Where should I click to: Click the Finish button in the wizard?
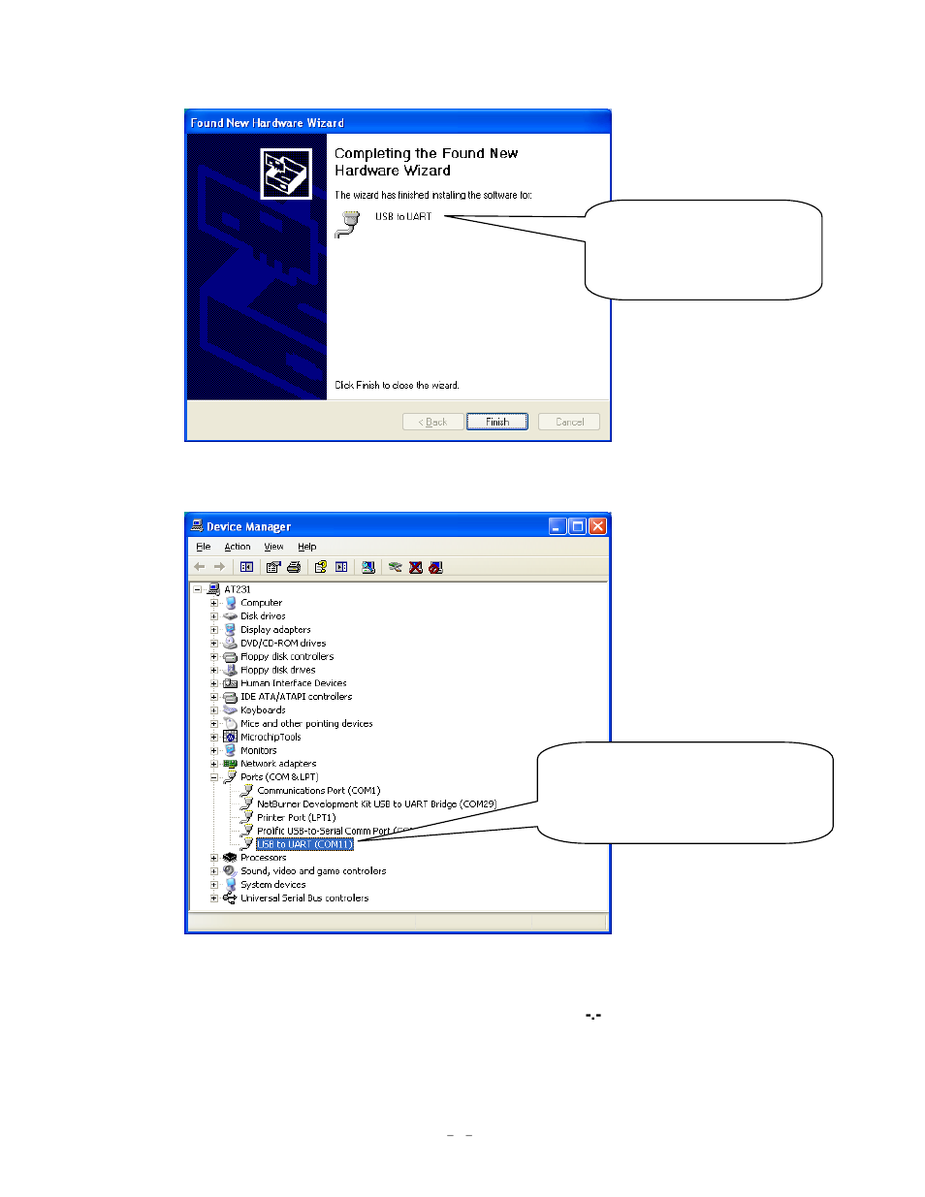coord(496,422)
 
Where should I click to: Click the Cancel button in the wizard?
coord(569,422)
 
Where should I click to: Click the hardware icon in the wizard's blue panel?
coord(286,173)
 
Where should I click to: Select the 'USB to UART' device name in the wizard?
coord(403,217)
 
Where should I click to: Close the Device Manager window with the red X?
coord(597,526)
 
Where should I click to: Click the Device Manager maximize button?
coord(578,526)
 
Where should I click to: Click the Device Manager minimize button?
coord(558,526)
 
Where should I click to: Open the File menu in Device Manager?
coord(204,547)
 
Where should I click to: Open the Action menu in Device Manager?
coord(238,547)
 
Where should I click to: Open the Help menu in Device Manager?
coord(307,547)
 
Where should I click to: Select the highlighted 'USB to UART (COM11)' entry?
coord(304,844)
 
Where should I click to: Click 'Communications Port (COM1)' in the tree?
coord(318,791)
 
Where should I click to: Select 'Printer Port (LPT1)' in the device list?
coord(296,818)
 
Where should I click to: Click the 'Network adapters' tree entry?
coord(278,764)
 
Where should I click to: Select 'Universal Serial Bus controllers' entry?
coord(304,898)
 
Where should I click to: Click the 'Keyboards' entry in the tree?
coord(263,710)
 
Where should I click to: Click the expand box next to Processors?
coord(214,858)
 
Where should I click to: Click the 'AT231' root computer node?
coord(237,589)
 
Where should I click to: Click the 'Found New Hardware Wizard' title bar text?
coord(268,123)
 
